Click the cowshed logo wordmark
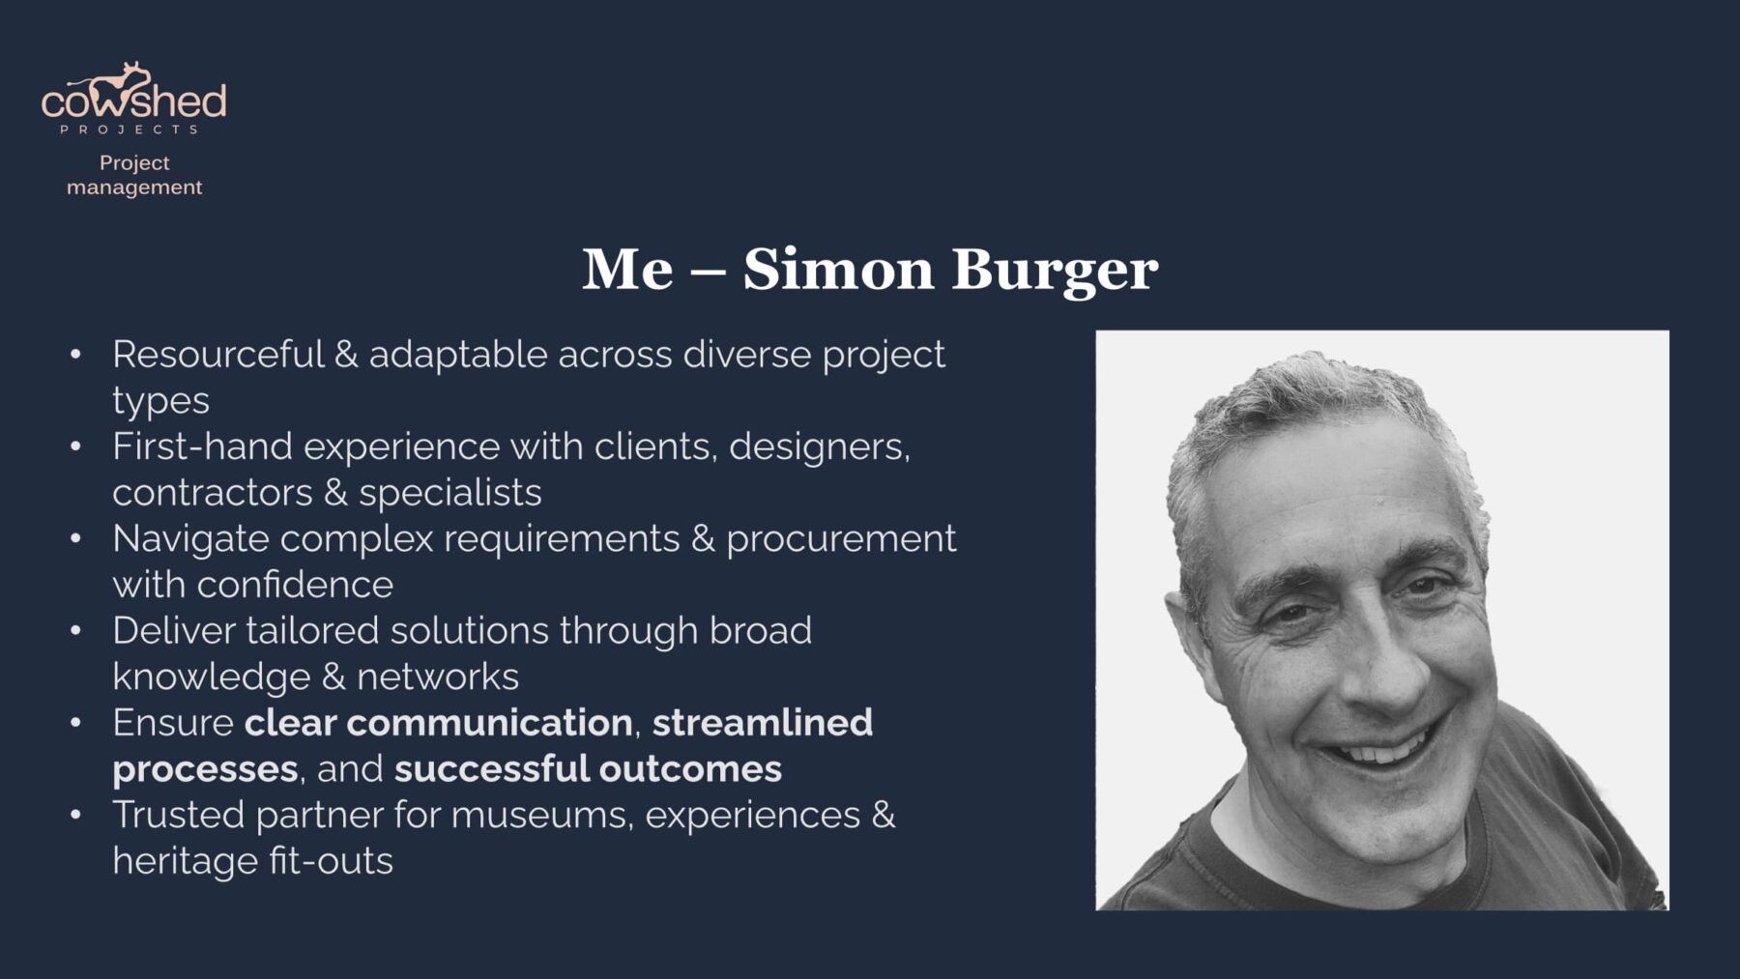click(134, 94)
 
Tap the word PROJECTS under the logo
click(130, 130)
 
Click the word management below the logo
click(134, 187)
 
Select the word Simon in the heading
click(838, 269)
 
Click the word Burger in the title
click(1055, 271)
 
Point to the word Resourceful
click(218, 355)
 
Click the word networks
click(438, 677)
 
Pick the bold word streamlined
click(763, 723)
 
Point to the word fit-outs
click(331, 861)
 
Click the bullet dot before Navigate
click(76, 539)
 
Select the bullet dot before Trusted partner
click(76, 816)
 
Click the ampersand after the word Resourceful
click(346, 355)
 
